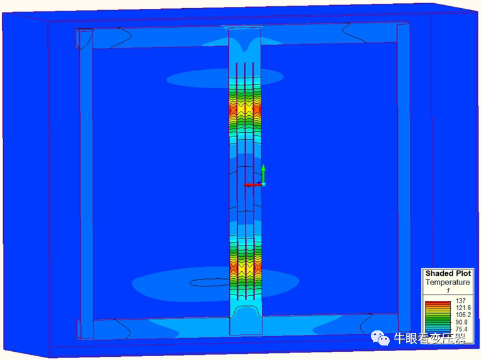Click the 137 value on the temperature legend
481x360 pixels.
(460, 301)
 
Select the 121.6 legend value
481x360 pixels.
(463, 308)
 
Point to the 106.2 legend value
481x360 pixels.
(463, 315)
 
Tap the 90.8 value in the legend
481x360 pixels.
(461, 322)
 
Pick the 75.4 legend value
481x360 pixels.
(461, 329)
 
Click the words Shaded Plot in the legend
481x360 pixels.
(448, 273)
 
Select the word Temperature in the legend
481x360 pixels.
(448, 282)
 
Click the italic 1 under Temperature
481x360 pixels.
(448, 290)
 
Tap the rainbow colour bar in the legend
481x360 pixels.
(438, 317)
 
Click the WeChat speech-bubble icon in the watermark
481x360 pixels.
(380, 338)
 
